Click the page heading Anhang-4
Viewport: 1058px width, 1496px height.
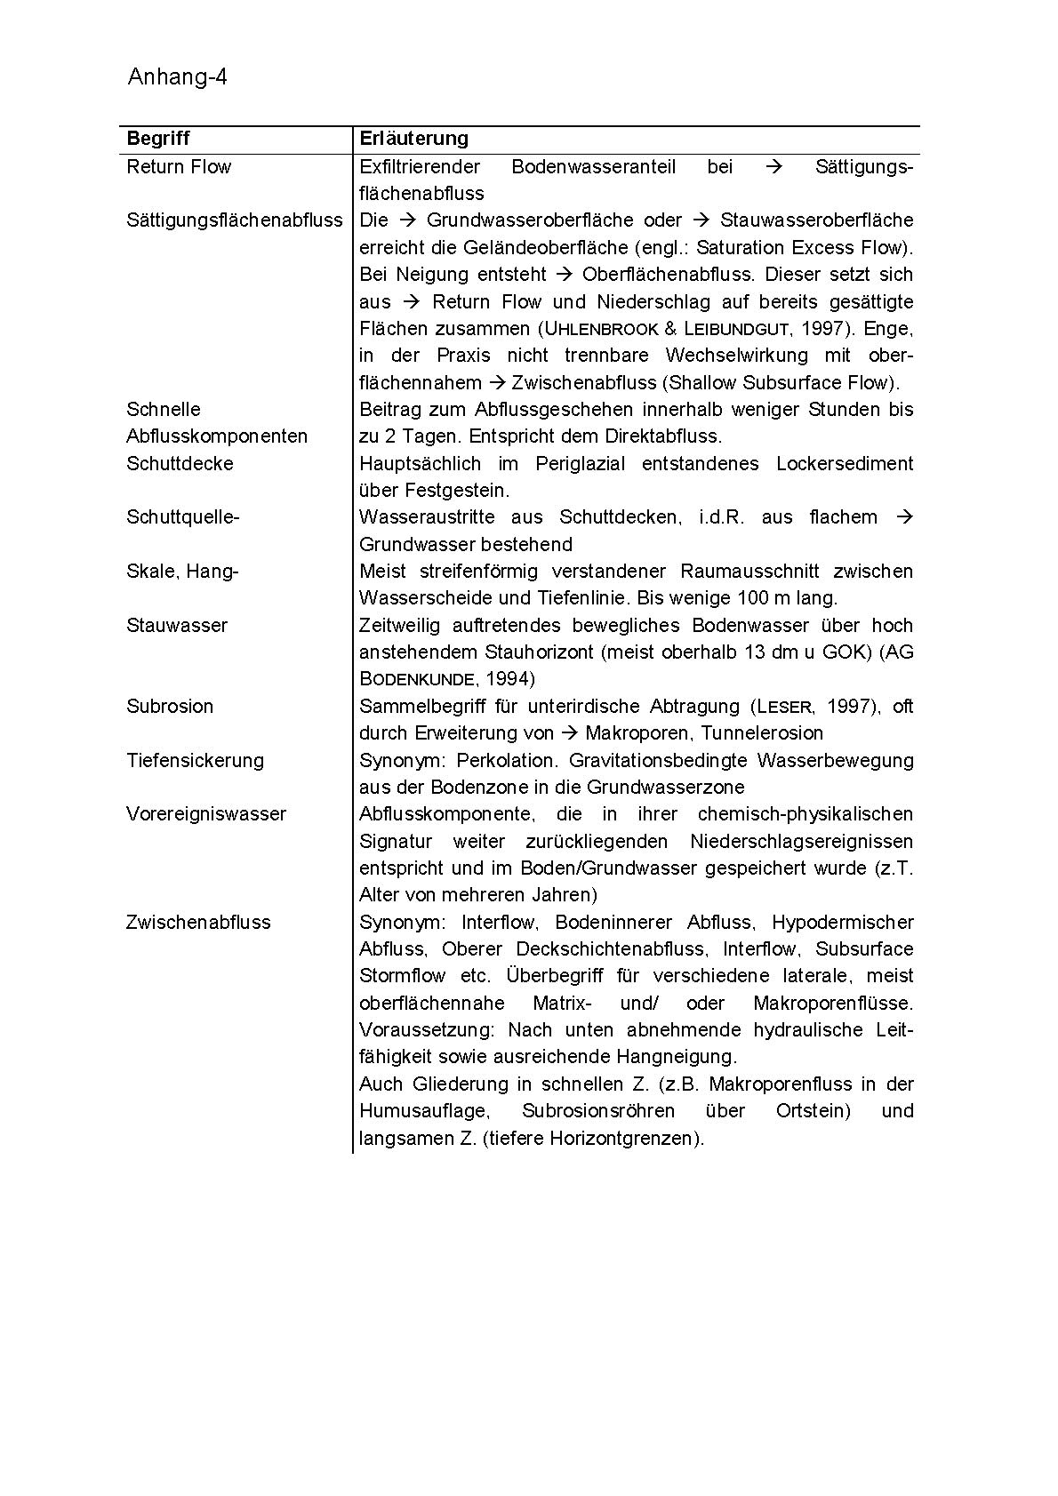pyautogui.click(x=177, y=77)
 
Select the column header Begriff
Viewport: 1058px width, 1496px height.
pyautogui.click(x=158, y=139)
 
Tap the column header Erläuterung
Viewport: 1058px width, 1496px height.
pyautogui.click(x=413, y=139)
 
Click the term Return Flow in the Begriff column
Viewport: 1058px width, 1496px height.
pyautogui.click(x=179, y=167)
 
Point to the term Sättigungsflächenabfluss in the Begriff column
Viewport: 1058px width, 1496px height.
pyautogui.click(x=235, y=220)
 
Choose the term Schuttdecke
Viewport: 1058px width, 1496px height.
pyautogui.click(x=180, y=464)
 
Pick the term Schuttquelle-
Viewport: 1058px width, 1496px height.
pyautogui.click(x=183, y=517)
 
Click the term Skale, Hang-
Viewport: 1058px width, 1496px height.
pyautogui.click(x=182, y=572)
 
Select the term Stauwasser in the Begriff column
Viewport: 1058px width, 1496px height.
pyautogui.click(x=177, y=626)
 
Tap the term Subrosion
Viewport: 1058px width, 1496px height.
pyautogui.click(x=170, y=707)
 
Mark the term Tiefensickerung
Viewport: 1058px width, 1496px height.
pyautogui.click(x=195, y=761)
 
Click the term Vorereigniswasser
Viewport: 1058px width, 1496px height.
pyautogui.click(x=206, y=814)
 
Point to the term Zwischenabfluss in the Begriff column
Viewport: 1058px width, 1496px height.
pyautogui.click(x=198, y=923)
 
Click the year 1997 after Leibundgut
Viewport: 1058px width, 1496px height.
pyautogui.click(x=821, y=329)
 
